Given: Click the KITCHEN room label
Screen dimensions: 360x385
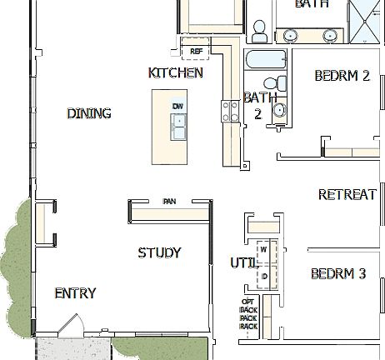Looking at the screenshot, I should pyautogui.click(x=175, y=72).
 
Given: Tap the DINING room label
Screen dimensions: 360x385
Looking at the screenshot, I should pyautogui.click(x=89, y=113).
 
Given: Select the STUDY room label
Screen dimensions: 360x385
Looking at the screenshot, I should pyautogui.click(x=159, y=252).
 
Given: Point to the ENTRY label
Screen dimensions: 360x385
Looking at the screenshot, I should pyautogui.click(x=75, y=293).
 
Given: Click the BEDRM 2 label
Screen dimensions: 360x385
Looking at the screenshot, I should pyautogui.click(x=342, y=76).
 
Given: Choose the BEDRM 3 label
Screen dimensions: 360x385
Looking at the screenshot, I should pyautogui.click(x=338, y=273).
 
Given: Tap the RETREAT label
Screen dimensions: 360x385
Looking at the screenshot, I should pyautogui.click(x=347, y=195).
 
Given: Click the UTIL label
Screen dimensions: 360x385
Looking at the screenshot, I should pyautogui.click(x=242, y=263).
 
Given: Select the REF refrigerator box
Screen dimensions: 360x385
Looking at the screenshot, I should pyautogui.click(x=197, y=51).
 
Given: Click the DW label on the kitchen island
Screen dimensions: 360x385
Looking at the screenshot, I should pyautogui.click(x=177, y=106).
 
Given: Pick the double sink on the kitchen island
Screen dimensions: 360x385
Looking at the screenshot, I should pyautogui.click(x=178, y=127).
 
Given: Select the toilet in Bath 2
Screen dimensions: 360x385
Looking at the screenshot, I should pyautogui.click(x=271, y=82).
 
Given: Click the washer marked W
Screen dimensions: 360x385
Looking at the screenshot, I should pyautogui.click(x=263, y=249).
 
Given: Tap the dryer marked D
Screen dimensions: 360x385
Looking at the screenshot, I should pyautogui.click(x=263, y=275).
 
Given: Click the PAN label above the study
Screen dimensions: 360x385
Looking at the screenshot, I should pyautogui.click(x=169, y=201).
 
